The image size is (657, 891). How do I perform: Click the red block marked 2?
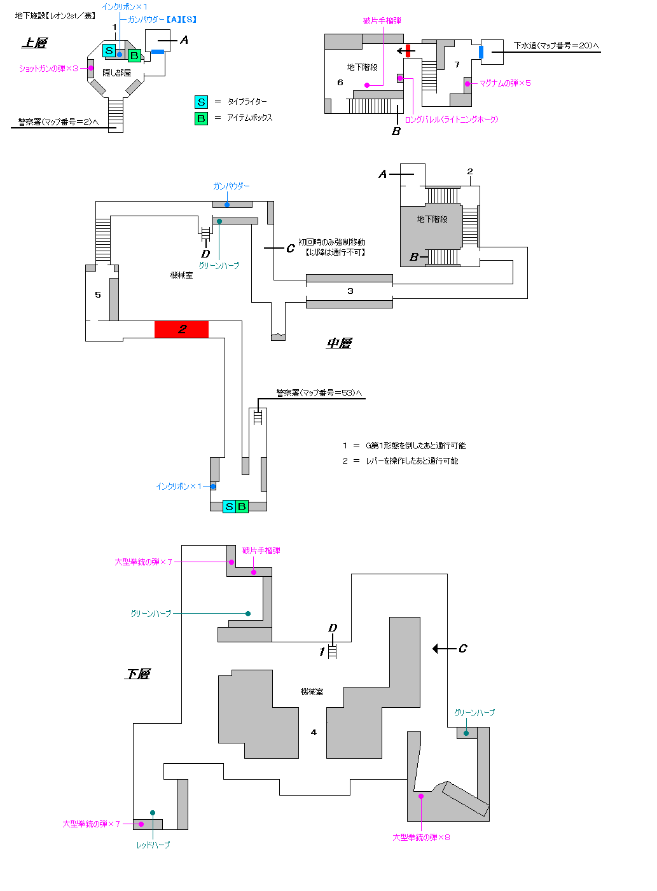(181, 329)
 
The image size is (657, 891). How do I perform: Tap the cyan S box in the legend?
(201, 102)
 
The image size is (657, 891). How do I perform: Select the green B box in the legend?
(201, 118)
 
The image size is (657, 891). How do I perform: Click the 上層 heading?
(34, 43)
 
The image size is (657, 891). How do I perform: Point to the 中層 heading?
(339, 343)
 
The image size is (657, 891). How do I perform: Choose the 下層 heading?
(137, 674)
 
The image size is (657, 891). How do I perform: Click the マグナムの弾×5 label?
(505, 83)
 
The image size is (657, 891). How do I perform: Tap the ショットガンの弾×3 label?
(48, 69)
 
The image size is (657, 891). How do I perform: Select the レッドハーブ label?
(153, 845)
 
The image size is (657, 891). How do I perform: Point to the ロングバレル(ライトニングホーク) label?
(452, 120)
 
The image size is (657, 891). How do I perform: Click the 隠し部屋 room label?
(116, 73)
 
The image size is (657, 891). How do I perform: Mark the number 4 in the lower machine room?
(314, 732)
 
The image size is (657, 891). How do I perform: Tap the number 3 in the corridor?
(350, 291)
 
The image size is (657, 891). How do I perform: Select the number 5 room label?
(98, 294)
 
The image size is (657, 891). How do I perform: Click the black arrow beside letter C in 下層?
(444, 649)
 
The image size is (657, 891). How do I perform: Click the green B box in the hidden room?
(134, 56)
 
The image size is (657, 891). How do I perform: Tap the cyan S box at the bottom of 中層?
(229, 506)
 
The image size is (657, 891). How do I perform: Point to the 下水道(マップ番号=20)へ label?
(556, 46)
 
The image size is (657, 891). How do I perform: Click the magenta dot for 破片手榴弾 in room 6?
(367, 85)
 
